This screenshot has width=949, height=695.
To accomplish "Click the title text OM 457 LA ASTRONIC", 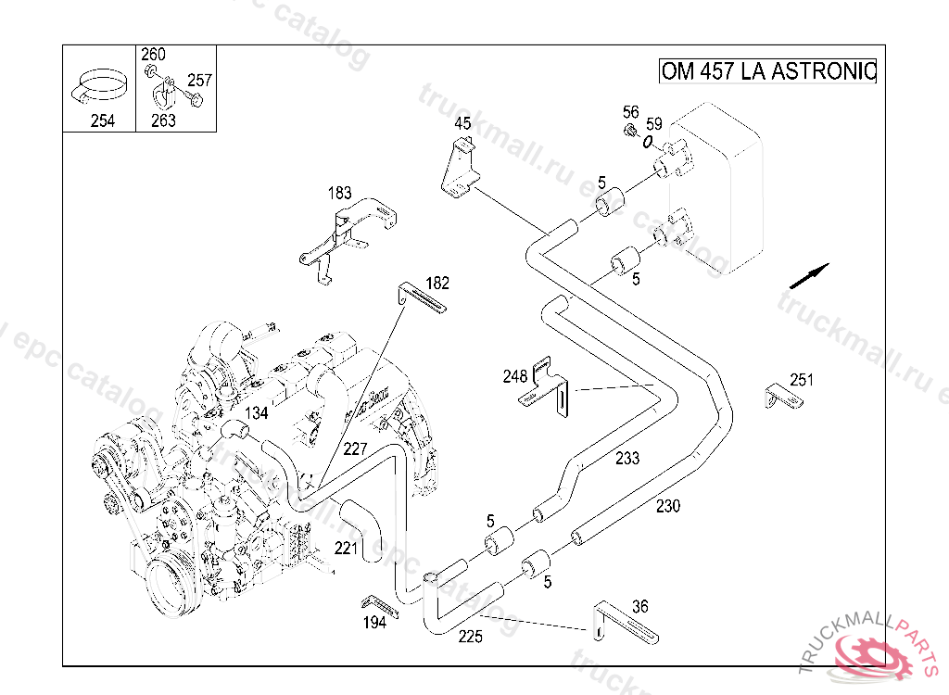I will click(767, 71).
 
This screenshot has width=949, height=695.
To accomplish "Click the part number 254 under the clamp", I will click(103, 120).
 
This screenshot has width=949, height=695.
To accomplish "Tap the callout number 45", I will click(462, 123).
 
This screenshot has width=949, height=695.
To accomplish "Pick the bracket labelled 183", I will click(348, 232).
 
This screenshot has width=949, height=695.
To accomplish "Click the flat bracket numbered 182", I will click(424, 298).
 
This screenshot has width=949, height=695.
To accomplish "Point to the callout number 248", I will click(515, 376).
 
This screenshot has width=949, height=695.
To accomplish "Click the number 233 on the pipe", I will click(627, 458).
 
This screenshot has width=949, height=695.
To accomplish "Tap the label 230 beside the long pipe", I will click(667, 506).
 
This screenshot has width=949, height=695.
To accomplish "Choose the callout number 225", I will click(471, 637).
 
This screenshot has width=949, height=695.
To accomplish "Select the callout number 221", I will click(346, 549).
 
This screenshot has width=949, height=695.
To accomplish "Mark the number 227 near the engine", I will click(355, 449).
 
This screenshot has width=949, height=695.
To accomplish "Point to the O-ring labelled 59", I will click(649, 142).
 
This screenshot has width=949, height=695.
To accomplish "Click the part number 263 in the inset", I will click(163, 120).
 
